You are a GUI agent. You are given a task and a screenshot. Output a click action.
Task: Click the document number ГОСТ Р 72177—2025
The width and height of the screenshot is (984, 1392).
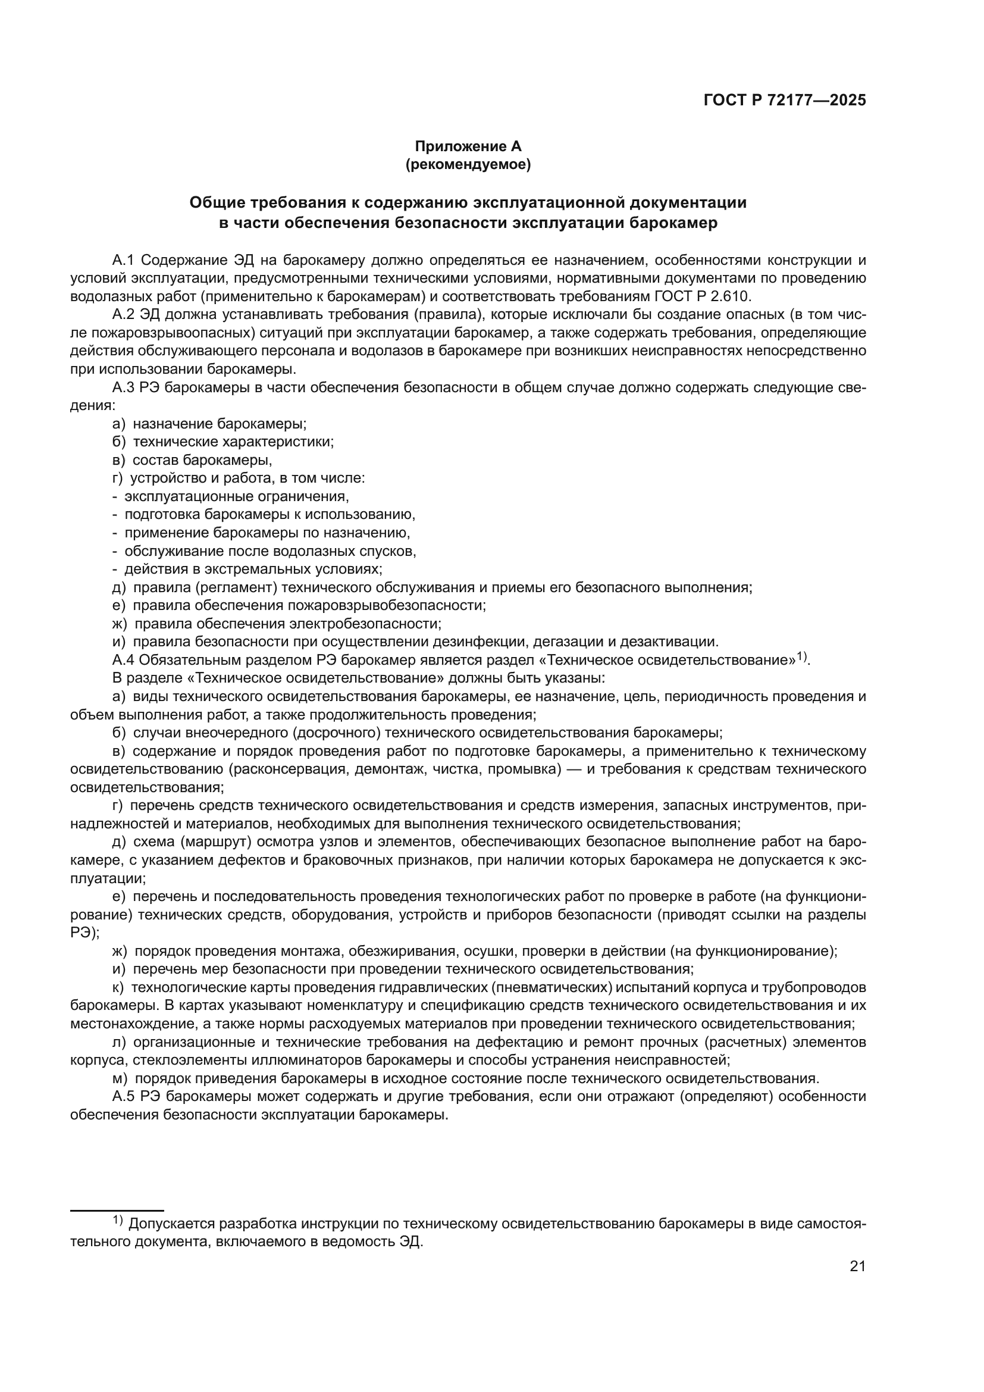coord(785,101)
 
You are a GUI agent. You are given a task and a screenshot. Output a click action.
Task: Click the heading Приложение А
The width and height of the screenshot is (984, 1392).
coord(468,146)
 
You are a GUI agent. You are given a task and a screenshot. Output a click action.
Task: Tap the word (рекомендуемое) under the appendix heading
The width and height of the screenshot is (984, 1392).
coord(468,165)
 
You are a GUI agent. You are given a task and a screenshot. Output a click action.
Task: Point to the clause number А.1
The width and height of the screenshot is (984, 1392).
coord(124,260)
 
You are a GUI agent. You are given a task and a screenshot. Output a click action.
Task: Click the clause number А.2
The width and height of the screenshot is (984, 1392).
coord(124,315)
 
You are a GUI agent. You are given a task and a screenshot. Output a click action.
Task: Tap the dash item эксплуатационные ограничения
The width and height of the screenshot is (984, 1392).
coord(236,496)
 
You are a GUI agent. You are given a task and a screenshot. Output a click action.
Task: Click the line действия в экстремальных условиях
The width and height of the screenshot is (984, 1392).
coord(253,570)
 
